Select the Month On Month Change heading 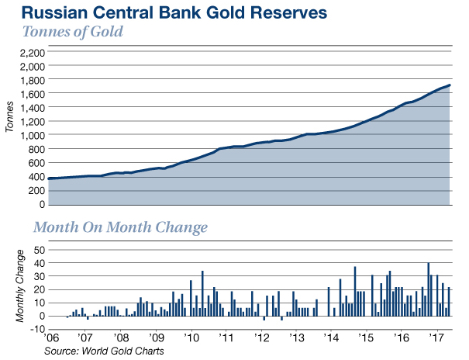point(119,228)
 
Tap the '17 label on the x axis point(436,339)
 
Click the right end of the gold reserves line point(450,85)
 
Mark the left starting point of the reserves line point(49,179)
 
